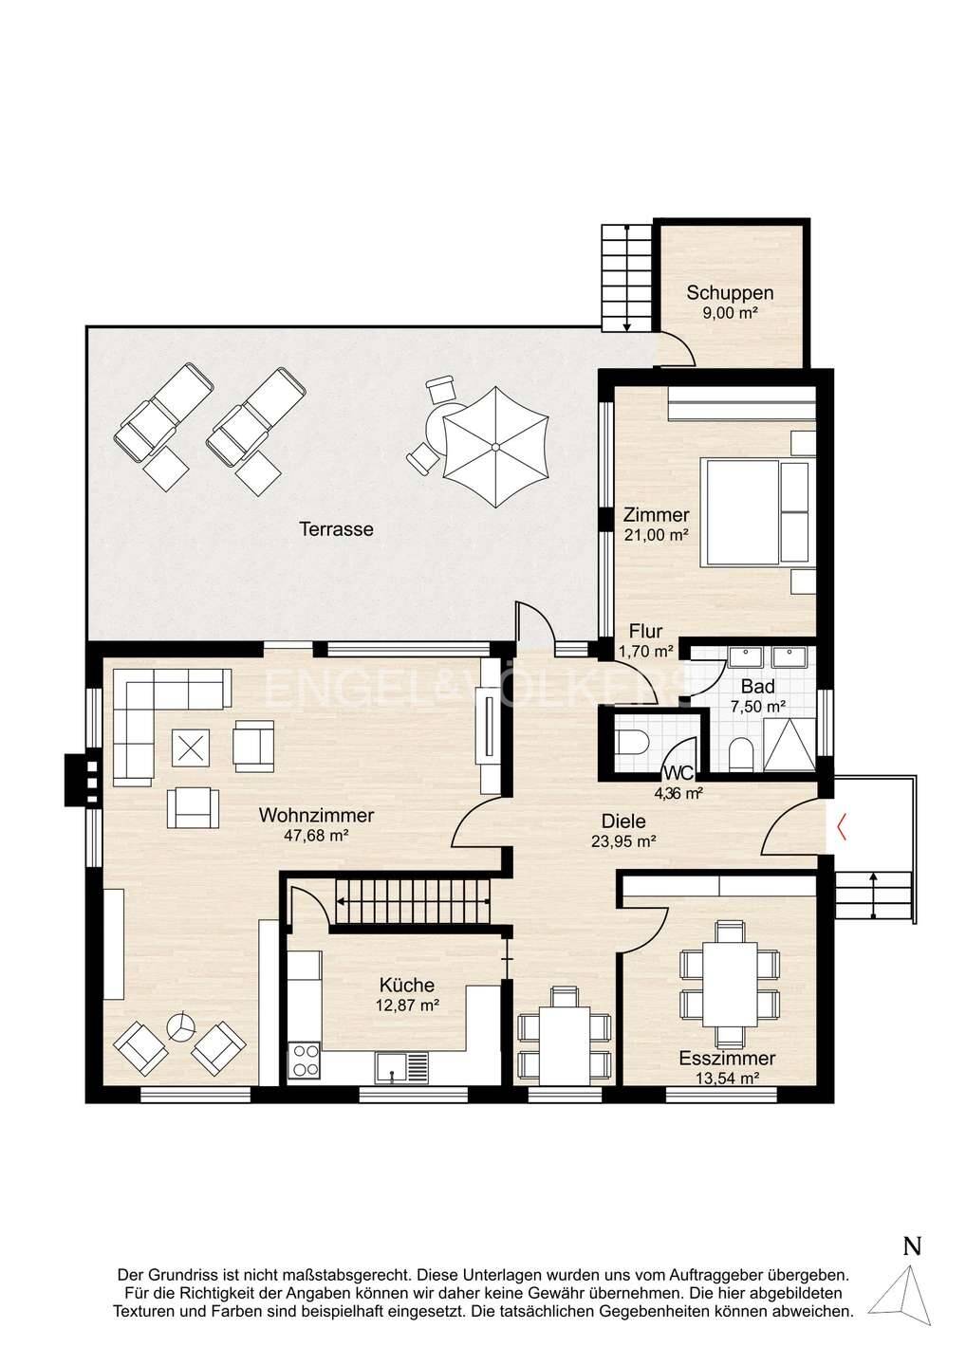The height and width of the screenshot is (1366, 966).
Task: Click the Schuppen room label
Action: point(730,293)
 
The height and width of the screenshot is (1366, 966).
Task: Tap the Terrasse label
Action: point(336,528)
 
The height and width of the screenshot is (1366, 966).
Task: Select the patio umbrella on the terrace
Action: point(495,447)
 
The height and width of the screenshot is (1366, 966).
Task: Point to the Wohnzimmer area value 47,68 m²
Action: point(316,835)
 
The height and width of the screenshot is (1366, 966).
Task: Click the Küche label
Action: point(407,985)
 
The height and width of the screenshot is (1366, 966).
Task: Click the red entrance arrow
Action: point(841,829)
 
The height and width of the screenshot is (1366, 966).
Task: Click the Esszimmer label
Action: point(727,1058)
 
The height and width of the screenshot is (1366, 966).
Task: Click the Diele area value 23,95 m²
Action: point(623,840)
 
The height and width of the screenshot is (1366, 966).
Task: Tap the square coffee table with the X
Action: point(191,748)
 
